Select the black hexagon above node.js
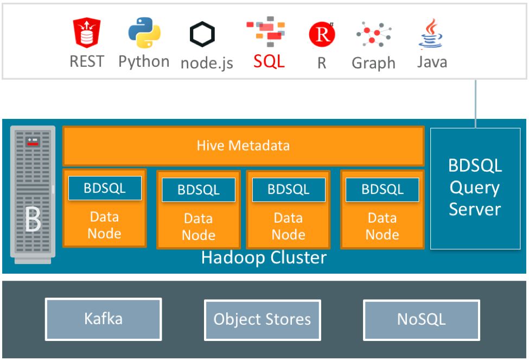click(202, 35)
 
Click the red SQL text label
click(269, 61)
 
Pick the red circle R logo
click(322, 35)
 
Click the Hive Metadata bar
click(243, 146)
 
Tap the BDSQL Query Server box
click(475, 188)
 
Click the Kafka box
click(103, 319)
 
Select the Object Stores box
click(263, 319)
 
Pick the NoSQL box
click(422, 319)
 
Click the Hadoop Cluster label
click(264, 257)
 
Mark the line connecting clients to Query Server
click(476, 103)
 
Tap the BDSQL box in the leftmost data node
click(105, 188)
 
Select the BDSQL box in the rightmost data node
click(383, 190)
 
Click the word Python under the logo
click(144, 61)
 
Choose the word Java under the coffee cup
click(432, 62)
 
